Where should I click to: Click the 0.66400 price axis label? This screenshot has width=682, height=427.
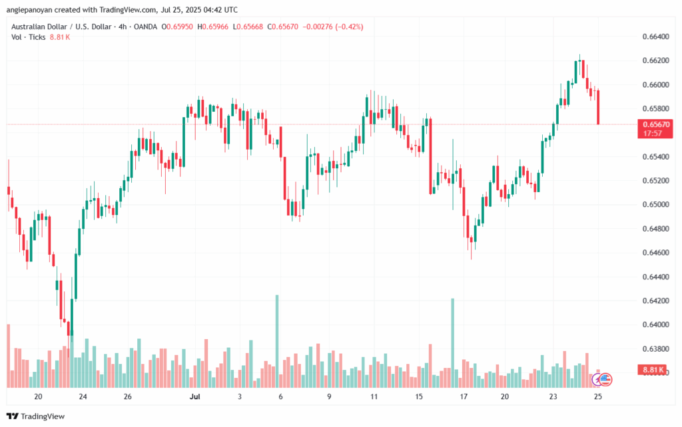pos(655,37)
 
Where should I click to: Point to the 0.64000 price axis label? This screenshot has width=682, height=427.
pos(655,325)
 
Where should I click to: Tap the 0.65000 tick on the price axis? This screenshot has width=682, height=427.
pos(655,204)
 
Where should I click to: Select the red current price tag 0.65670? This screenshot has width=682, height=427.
pos(655,124)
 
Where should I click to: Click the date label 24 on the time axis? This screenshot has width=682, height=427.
pos(83,396)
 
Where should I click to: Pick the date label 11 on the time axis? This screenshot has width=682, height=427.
pos(374,396)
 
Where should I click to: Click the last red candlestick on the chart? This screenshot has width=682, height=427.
pos(599,107)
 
